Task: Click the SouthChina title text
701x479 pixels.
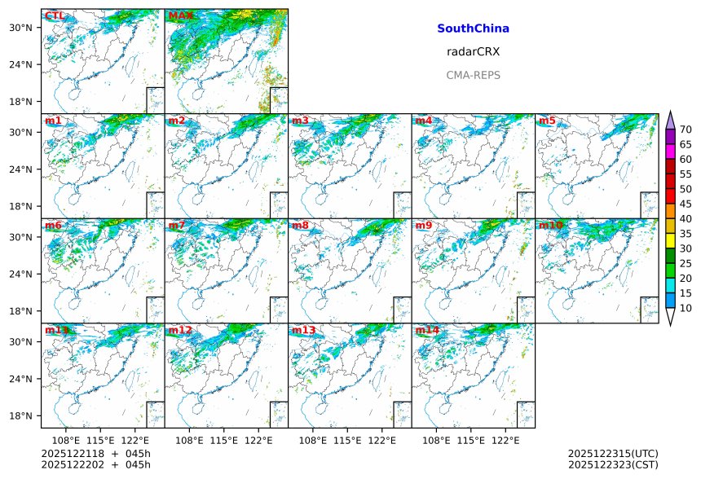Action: [x=473, y=29]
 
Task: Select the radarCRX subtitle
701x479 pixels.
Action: [x=473, y=51]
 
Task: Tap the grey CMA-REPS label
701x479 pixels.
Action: [x=473, y=75]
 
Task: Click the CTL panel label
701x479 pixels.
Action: [x=55, y=15]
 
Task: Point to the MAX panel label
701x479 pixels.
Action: [x=180, y=15]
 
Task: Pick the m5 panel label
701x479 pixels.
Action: [x=547, y=121]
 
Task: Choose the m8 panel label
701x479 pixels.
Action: [x=300, y=225]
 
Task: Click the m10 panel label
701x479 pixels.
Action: [x=551, y=225]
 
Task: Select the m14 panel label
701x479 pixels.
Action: [x=427, y=330]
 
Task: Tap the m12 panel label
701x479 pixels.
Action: [x=180, y=330]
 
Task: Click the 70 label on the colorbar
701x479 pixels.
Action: [x=686, y=130]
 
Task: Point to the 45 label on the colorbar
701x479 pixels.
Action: [x=686, y=204]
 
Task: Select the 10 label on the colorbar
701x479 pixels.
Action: [x=686, y=308]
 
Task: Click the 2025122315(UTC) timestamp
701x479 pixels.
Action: [x=613, y=453]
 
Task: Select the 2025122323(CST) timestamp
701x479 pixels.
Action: [x=613, y=464]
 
